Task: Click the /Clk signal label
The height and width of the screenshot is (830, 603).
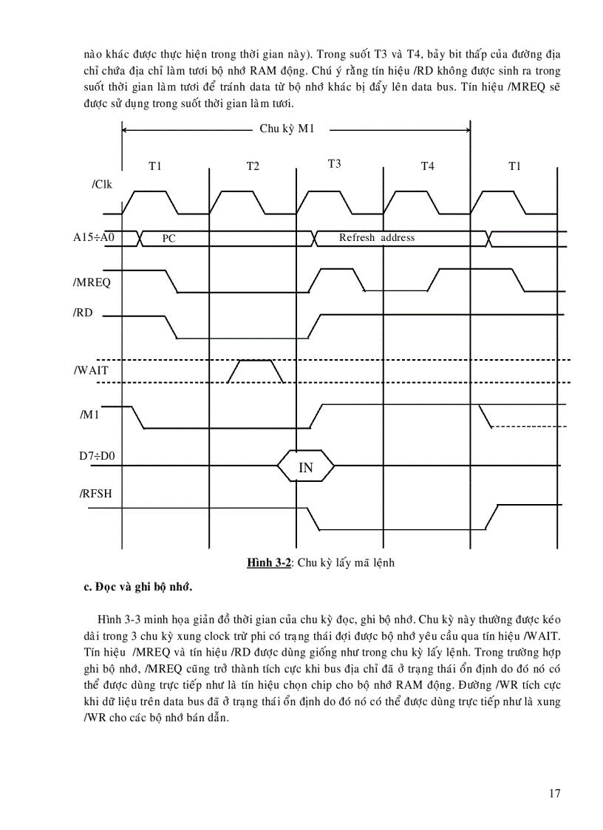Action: [x=102, y=184]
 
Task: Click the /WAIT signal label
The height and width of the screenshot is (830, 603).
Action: [x=91, y=370]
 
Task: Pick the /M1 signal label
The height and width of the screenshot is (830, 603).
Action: [x=89, y=415]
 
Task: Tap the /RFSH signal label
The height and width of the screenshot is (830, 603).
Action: [x=95, y=493]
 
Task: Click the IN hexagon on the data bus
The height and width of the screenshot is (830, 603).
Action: [x=306, y=467]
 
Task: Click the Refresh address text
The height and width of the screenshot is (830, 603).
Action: [x=377, y=237]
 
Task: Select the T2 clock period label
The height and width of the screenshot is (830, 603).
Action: [x=253, y=166]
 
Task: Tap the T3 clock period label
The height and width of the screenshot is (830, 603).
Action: [x=334, y=164]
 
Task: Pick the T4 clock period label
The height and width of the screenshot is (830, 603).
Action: [x=427, y=166]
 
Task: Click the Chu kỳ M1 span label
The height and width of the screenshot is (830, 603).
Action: [x=287, y=129]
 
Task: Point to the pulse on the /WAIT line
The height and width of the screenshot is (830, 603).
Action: [x=255, y=370]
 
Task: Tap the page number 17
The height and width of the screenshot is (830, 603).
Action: [x=555, y=794]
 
